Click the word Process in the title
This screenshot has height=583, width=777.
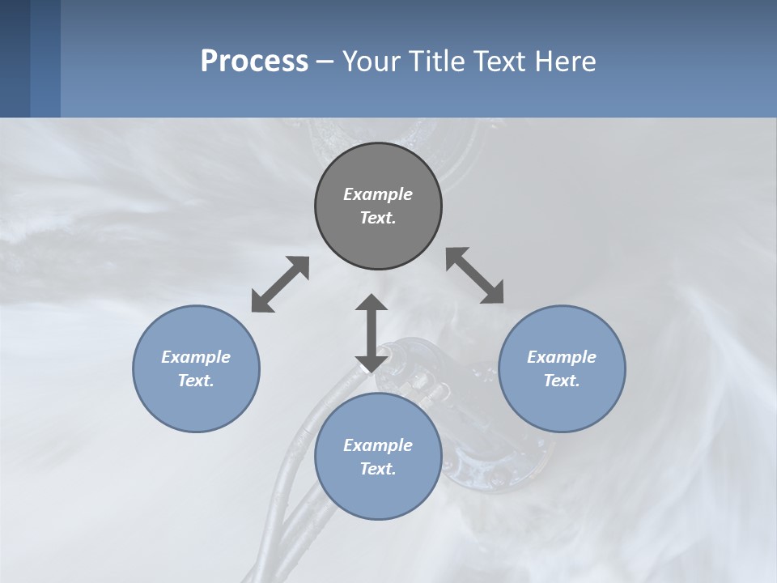click(x=254, y=62)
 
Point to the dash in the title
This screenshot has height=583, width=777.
click(x=325, y=62)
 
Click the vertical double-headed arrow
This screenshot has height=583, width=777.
click(x=371, y=333)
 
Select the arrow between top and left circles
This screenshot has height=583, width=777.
click(x=280, y=284)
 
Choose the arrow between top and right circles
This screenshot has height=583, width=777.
click(x=475, y=275)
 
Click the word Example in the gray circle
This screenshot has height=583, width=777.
click(x=378, y=194)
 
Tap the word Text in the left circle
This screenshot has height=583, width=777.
click(x=196, y=381)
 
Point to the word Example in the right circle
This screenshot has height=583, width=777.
click(x=562, y=357)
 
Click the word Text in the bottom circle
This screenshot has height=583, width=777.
click(x=378, y=469)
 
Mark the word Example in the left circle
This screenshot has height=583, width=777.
click(x=196, y=357)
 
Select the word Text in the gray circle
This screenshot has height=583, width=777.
click(x=378, y=218)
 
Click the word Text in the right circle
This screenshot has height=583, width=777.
click(x=562, y=381)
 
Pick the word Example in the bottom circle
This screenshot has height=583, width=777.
click(x=378, y=445)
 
